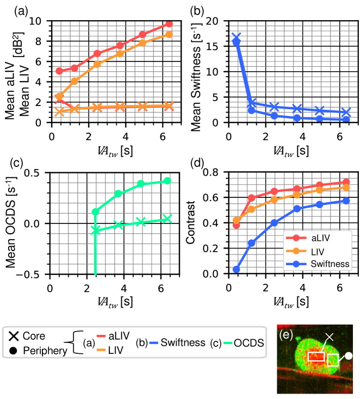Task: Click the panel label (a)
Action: click(x=11, y=9)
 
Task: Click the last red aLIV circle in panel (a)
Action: click(x=169, y=24)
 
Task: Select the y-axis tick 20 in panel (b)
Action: click(x=214, y=21)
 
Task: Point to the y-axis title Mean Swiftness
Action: click(x=198, y=72)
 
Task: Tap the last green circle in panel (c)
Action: click(x=167, y=180)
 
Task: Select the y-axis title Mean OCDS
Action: click(x=14, y=223)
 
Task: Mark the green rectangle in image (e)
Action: click(x=333, y=359)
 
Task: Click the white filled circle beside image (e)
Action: click(x=349, y=355)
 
